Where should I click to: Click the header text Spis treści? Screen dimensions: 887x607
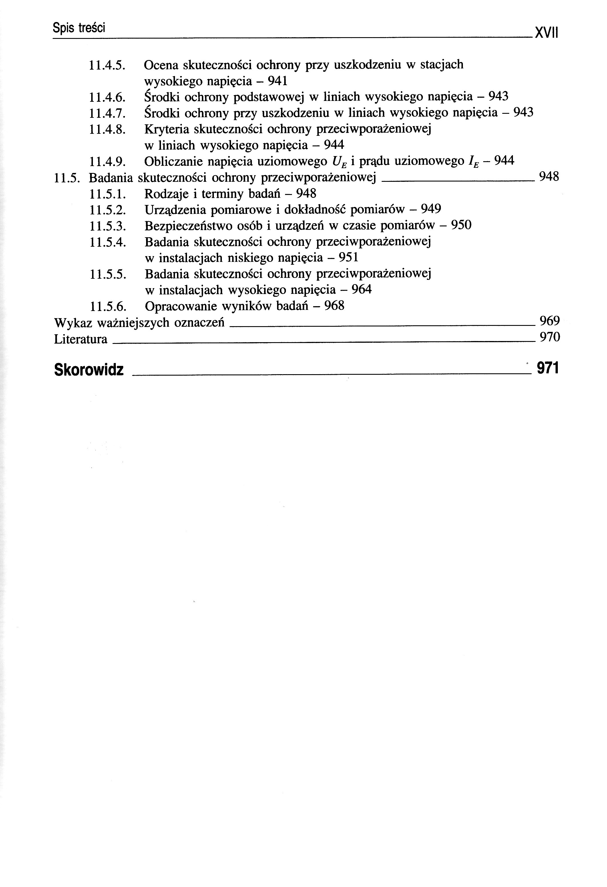click(x=79, y=27)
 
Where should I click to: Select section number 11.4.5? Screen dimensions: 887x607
click(x=107, y=65)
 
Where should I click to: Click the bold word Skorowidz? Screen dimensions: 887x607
click(x=89, y=369)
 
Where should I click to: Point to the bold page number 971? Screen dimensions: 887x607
click(x=548, y=368)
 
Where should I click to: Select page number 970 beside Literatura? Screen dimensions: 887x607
click(x=550, y=337)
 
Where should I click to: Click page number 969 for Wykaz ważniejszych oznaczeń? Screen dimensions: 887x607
click(x=550, y=321)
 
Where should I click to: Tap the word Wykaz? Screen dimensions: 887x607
click(x=73, y=323)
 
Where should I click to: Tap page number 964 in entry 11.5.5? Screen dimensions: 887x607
click(x=361, y=290)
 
